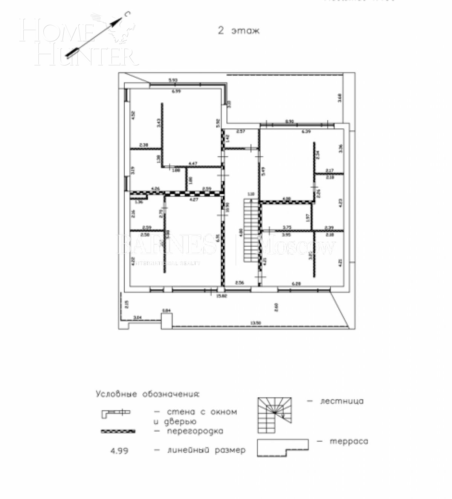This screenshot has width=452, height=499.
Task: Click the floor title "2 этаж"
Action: click(239, 31)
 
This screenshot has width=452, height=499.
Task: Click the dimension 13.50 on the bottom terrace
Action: click(256, 323)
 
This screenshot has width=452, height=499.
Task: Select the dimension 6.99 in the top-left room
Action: click(176, 92)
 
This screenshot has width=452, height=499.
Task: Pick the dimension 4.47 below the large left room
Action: click(192, 163)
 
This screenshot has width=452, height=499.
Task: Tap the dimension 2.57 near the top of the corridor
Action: click(241, 131)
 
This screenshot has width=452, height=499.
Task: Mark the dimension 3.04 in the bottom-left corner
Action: click(138, 318)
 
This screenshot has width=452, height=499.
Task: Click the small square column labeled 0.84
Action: click(167, 321)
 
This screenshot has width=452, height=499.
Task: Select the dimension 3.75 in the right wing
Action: click(287, 227)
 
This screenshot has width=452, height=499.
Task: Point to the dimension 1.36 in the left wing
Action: click(139, 202)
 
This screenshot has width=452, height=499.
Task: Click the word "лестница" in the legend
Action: click(342, 401)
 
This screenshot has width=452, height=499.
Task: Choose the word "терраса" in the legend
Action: click(348, 441)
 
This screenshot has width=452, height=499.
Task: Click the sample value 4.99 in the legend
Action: click(119, 450)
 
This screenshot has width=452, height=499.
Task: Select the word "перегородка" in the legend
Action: click(195, 431)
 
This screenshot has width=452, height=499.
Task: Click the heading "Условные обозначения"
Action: click(147, 394)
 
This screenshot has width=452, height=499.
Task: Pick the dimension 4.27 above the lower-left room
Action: click(194, 199)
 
